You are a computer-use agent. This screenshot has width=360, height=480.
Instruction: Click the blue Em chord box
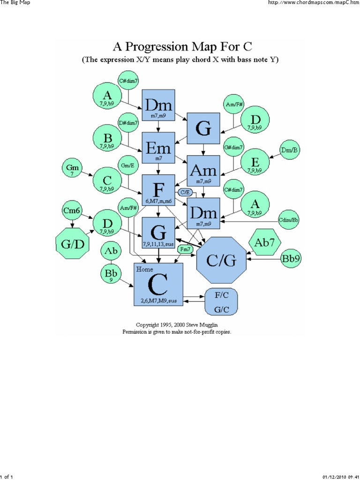tap(158, 149)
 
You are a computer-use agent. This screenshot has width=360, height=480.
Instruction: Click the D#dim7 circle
tap(128, 123)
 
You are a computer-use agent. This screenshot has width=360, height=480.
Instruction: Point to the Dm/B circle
tap(290, 150)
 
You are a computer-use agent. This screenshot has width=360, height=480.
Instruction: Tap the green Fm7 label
tap(186, 250)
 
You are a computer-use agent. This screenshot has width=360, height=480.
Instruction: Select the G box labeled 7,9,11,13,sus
tap(158, 233)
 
